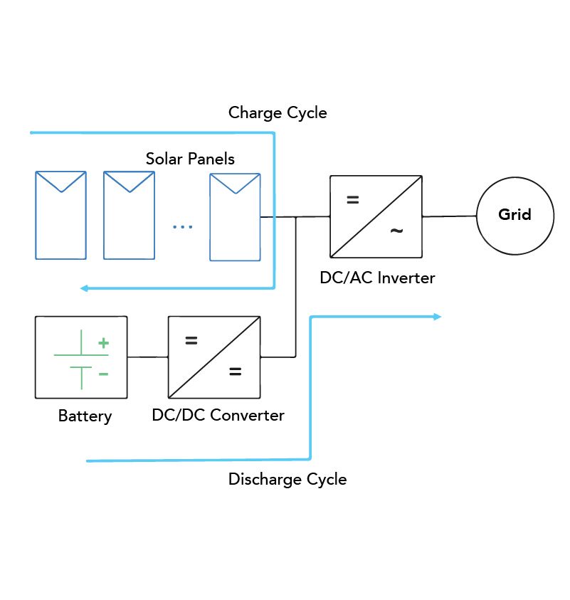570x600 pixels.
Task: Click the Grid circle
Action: [514, 216]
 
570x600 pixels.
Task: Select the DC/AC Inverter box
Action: [376, 216]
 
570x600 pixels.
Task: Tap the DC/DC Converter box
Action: [213, 357]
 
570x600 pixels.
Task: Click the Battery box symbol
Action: [81, 357]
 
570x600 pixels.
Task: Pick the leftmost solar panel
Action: [60, 215]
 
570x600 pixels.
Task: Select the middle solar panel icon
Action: [129, 215]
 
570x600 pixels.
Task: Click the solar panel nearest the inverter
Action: [234, 216]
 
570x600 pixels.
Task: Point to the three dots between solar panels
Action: [182, 227]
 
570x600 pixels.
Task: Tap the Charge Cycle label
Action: [278, 112]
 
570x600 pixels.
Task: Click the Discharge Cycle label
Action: [287, 479]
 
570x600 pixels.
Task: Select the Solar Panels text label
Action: [190, 158]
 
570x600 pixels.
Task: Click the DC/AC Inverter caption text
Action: [376, 278]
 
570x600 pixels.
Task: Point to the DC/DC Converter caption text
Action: [218, 415]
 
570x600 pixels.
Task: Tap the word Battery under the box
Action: [85, 416]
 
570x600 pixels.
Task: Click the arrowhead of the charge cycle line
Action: [84, 288]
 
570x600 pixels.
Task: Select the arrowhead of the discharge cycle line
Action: [438, 317]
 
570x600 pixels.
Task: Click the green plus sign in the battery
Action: [103, 343]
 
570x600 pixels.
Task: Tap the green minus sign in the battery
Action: [103, 373]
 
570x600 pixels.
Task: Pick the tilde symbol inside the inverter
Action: [396, 231]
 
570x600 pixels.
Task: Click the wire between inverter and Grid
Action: [450, 216]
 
